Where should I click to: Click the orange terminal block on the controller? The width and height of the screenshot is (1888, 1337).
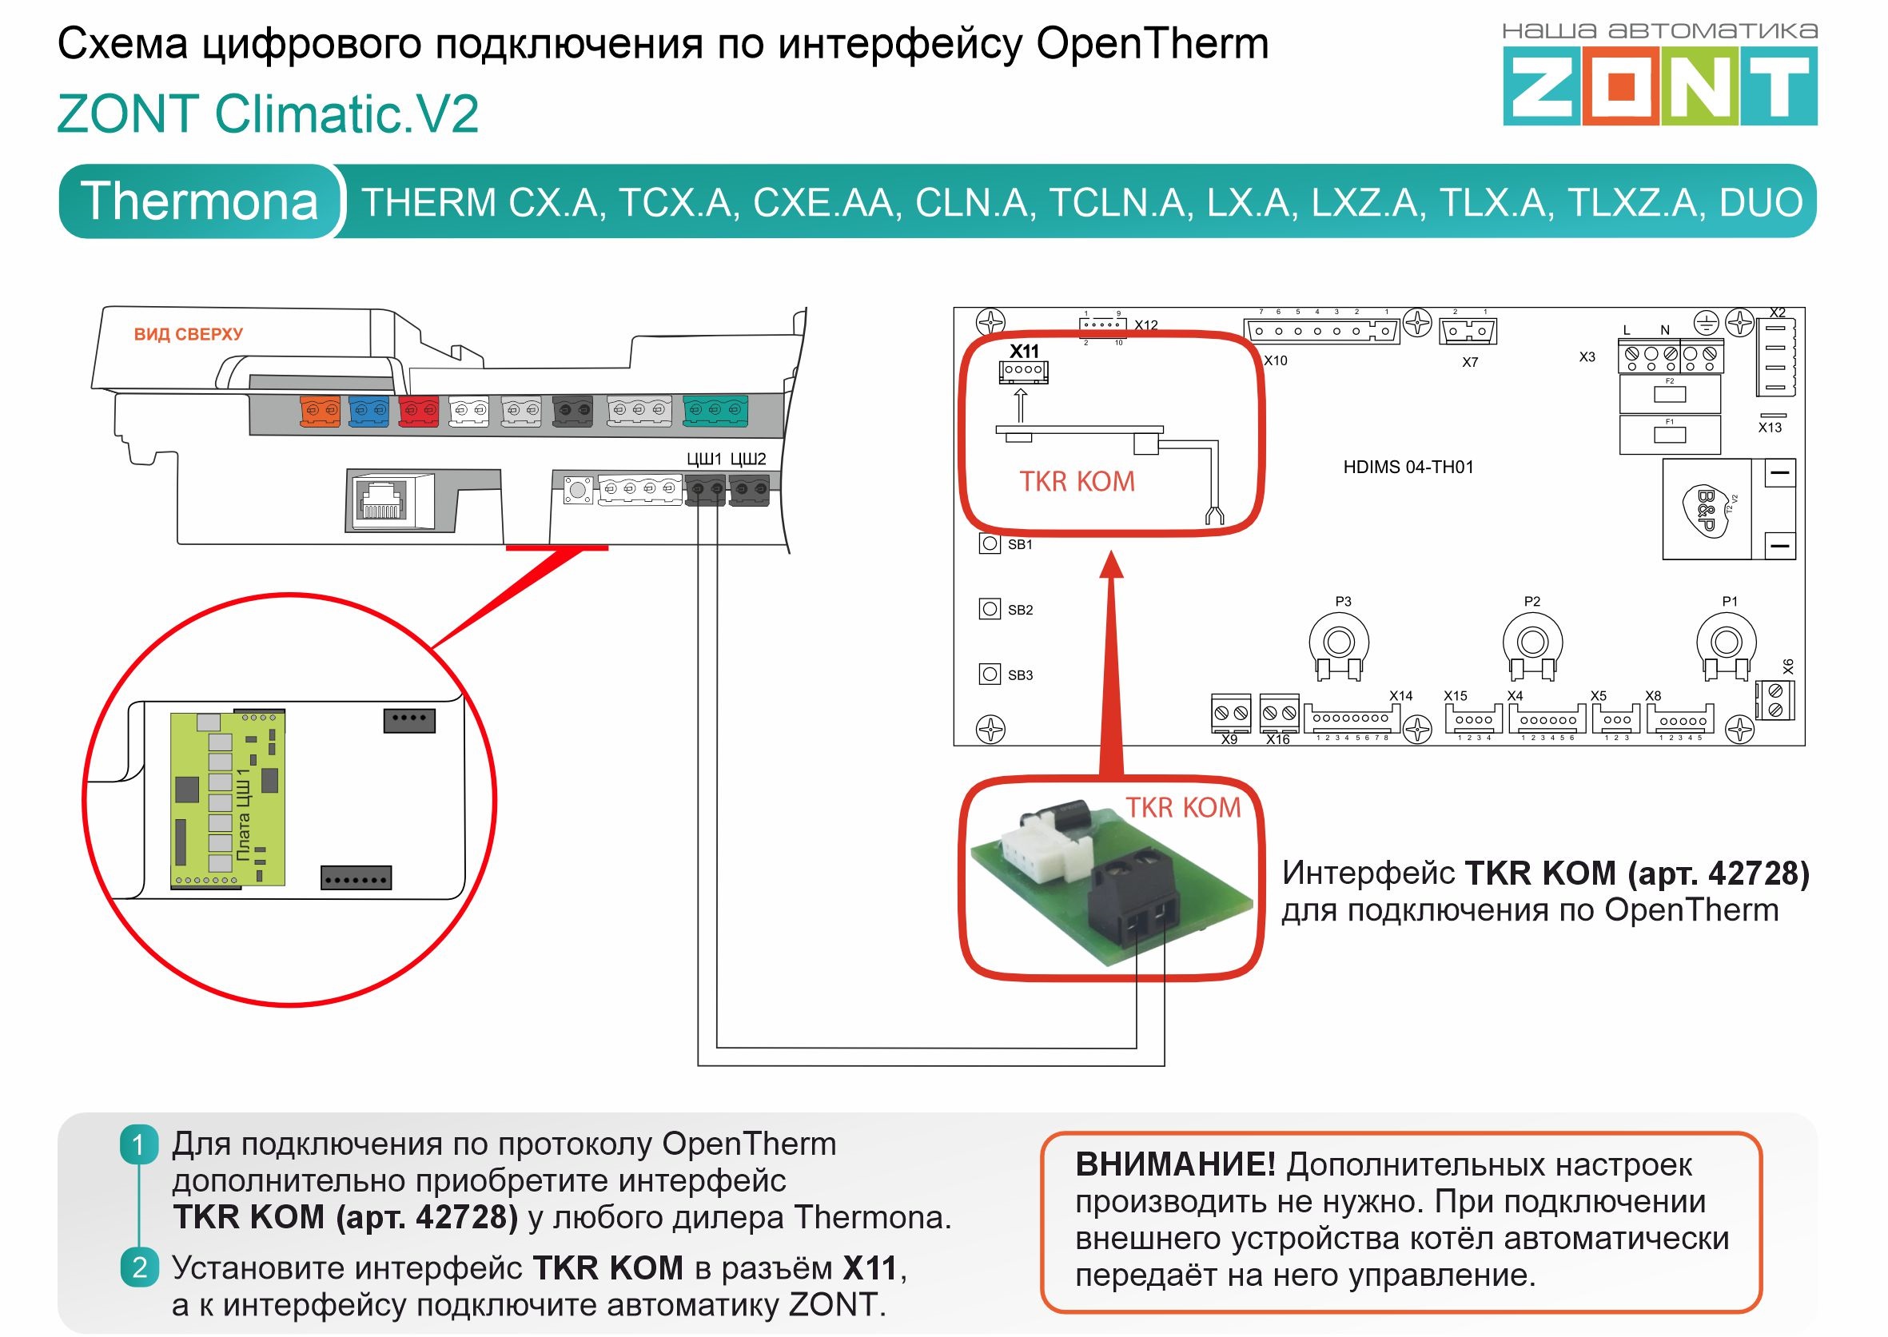pyautogui.click(x=320, y=410)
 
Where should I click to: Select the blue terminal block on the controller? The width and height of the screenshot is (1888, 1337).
pyautogui.click(x=368, y=410)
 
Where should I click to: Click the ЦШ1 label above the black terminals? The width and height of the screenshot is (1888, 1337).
pyautogui.click(x=704, y=459)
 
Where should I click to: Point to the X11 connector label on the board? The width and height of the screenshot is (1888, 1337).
pyautogui.click(x=1024, y=351)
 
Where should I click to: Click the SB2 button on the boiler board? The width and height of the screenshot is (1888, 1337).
pyautogui.click(x=990, y=609)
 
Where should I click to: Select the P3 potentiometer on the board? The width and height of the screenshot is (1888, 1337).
pyautogui.click(x=1339, y=643)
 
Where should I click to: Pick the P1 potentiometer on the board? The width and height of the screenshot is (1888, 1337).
pyautogui.click(x=1726, y=643)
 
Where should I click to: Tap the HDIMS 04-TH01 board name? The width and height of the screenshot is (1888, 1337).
pyautogui.click(x=1408, y=467)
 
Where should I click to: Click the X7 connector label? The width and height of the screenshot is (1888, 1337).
pyautogui.click(x=1470, y=362)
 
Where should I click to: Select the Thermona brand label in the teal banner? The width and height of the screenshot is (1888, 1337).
pyautogui.click(x=199, y=201)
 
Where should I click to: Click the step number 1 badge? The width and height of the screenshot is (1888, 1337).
pyautogui.click(x=138, y=1145)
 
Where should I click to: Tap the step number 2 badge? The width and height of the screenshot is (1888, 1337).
pyautogui.click(x=139, y=1267)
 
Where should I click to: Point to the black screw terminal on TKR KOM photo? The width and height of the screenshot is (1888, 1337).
pyautogui.click(x=1134, y=901)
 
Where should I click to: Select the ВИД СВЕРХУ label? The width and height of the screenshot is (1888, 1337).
pyautogui.click(x=189, y=334)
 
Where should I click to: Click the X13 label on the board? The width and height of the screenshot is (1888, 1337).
pyautogui.click(x=1770, y=428)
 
